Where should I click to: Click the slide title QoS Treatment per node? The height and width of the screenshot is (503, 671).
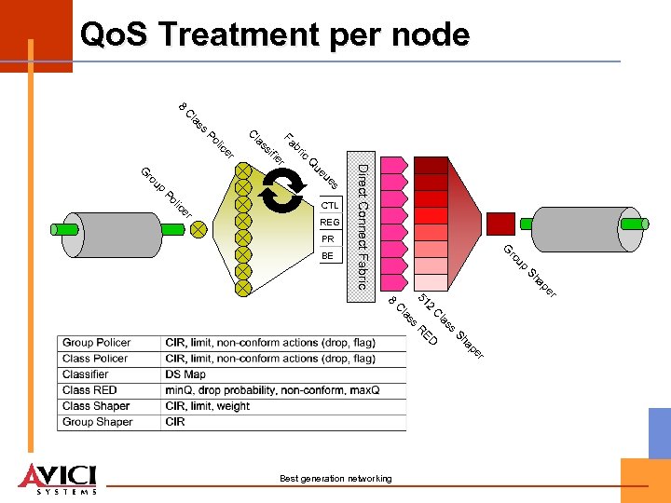tap(275, 34)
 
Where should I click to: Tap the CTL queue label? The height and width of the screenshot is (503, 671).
tap(330, 205)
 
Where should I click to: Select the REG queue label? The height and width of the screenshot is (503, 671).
tap(330, 223)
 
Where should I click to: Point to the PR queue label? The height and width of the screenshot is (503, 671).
tap(327, 238)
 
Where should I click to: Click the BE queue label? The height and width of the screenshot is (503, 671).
tap(327, 255)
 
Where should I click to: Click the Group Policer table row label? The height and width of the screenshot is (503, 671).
tap(96, 343)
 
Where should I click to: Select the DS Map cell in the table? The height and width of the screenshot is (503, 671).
tap(185, 374)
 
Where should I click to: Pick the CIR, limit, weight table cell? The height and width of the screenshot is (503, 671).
tap(209, 406)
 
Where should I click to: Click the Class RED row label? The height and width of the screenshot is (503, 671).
tap(89, 390)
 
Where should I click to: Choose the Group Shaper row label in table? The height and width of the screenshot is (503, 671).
tap(97, 422)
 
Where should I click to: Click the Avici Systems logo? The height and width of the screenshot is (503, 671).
tap(58, 477)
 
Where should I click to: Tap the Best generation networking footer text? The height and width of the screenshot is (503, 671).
tap(335, 479)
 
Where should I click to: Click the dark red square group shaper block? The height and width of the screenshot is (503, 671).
tap(501, 224)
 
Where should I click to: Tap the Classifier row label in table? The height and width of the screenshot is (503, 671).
tap(86, 374)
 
